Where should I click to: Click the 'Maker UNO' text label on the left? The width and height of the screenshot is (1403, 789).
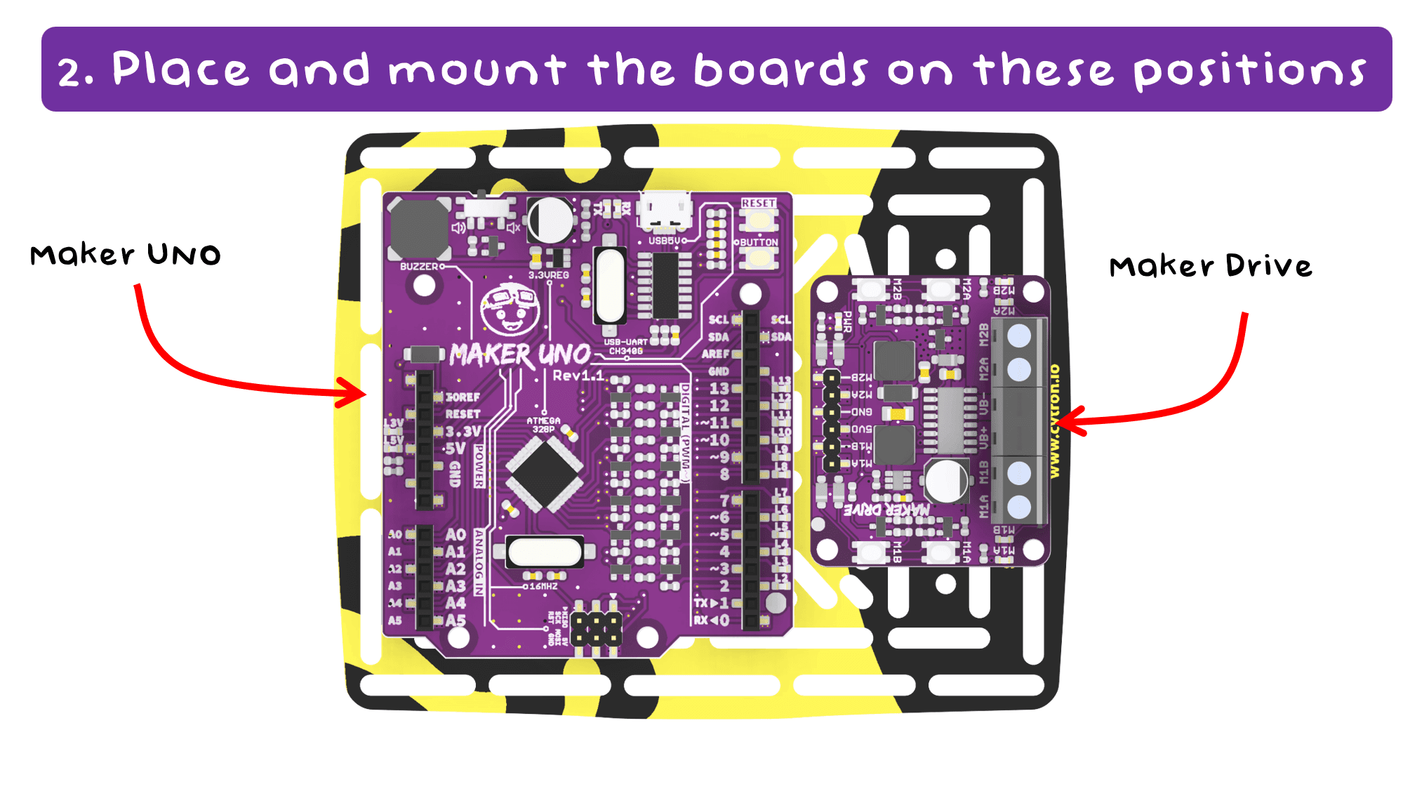pyautogui.click(x=125, y=254)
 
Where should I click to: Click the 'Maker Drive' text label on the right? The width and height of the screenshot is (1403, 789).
pyautogui.click(x=1210, y=266)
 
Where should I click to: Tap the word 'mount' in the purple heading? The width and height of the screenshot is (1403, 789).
pyautogui.click(x=477, y=70)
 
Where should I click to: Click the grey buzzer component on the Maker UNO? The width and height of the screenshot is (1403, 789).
pyautogui.click(x=419, y=229)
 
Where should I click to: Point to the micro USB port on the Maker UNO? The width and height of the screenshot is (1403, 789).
pyautogui.click(x=665, y=210)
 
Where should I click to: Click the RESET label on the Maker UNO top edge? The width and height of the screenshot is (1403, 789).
pyautogui.click(x=759, y=203)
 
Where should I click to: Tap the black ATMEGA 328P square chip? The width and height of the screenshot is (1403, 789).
pyautogui.click(x=544, y=474)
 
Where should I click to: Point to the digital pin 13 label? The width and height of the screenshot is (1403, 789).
pyautogui.click(x=719, y=388)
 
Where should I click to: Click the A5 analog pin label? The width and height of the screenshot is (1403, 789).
pyautogui.click(x=456, y=621)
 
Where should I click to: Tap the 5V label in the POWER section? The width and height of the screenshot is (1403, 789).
pyautogui.click(x=455, y=448)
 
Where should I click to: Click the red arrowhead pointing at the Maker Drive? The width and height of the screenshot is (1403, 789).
pyautogui.click(x=1070, y=421)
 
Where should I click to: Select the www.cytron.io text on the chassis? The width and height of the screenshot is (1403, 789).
pyautogui.click(x=1054, y=421)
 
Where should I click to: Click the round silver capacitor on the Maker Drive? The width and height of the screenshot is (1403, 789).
pyautogui.click(x=947, y=482)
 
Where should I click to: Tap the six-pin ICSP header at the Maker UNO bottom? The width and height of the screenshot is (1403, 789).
pyautogui.click(x=596, y=629)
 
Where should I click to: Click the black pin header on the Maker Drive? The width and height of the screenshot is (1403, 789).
pyautogui.click(x=831, y=420)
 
